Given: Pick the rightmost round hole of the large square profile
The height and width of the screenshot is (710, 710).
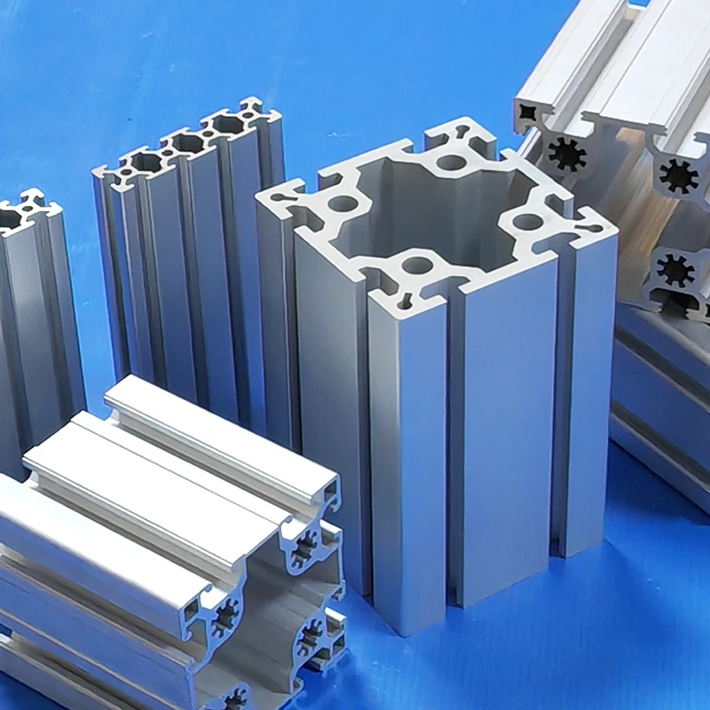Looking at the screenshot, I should point(528,222).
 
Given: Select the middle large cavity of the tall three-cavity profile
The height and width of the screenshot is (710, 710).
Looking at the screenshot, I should point(188,142).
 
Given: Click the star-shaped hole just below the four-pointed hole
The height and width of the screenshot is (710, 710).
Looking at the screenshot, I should point(567,154).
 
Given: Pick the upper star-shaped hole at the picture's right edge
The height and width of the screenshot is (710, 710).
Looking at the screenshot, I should point(679,175).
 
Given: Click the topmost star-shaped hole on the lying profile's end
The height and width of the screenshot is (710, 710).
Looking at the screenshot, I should point(304,548).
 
